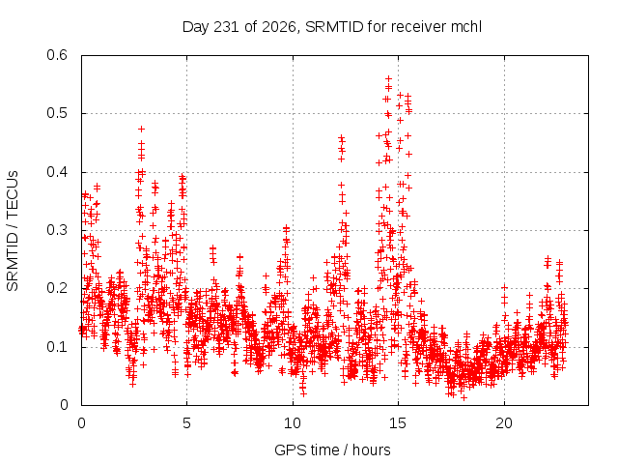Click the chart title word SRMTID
[x=334, y=27]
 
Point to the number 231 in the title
[x=226, y=27]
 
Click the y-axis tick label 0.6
[x=57, y=55]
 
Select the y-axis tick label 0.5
[x=57, y=113]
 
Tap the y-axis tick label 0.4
[x=57, y=172]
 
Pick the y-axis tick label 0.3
[x=57, y=230]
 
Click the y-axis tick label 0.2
[x=57, y=288]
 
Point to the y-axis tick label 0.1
[x=57, y=347]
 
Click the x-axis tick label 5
[x=186, y=423]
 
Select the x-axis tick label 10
[x=293, y=423]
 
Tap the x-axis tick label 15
[x=398, y=423]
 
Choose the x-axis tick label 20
[x=504, y=423]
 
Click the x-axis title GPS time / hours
[x=332, y=449]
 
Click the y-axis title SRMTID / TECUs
[x=13, y=231]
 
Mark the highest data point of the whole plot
[x=388, y=79]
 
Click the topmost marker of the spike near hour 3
[x=142, y=129]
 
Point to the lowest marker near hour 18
[x=463, y=397]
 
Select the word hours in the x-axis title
[x=371, y=449]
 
